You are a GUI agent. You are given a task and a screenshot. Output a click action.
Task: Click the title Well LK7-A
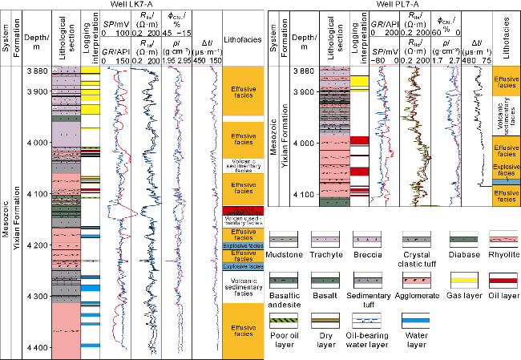131,6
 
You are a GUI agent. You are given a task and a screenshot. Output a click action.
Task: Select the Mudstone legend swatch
284,239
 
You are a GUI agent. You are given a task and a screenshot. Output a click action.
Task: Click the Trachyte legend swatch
325,239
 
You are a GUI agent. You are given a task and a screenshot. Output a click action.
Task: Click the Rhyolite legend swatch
503,239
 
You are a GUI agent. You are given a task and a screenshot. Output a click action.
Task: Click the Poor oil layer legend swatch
284,319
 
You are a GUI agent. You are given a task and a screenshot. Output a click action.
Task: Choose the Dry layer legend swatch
325,319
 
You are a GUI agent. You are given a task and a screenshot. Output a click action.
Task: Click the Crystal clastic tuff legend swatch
417,239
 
